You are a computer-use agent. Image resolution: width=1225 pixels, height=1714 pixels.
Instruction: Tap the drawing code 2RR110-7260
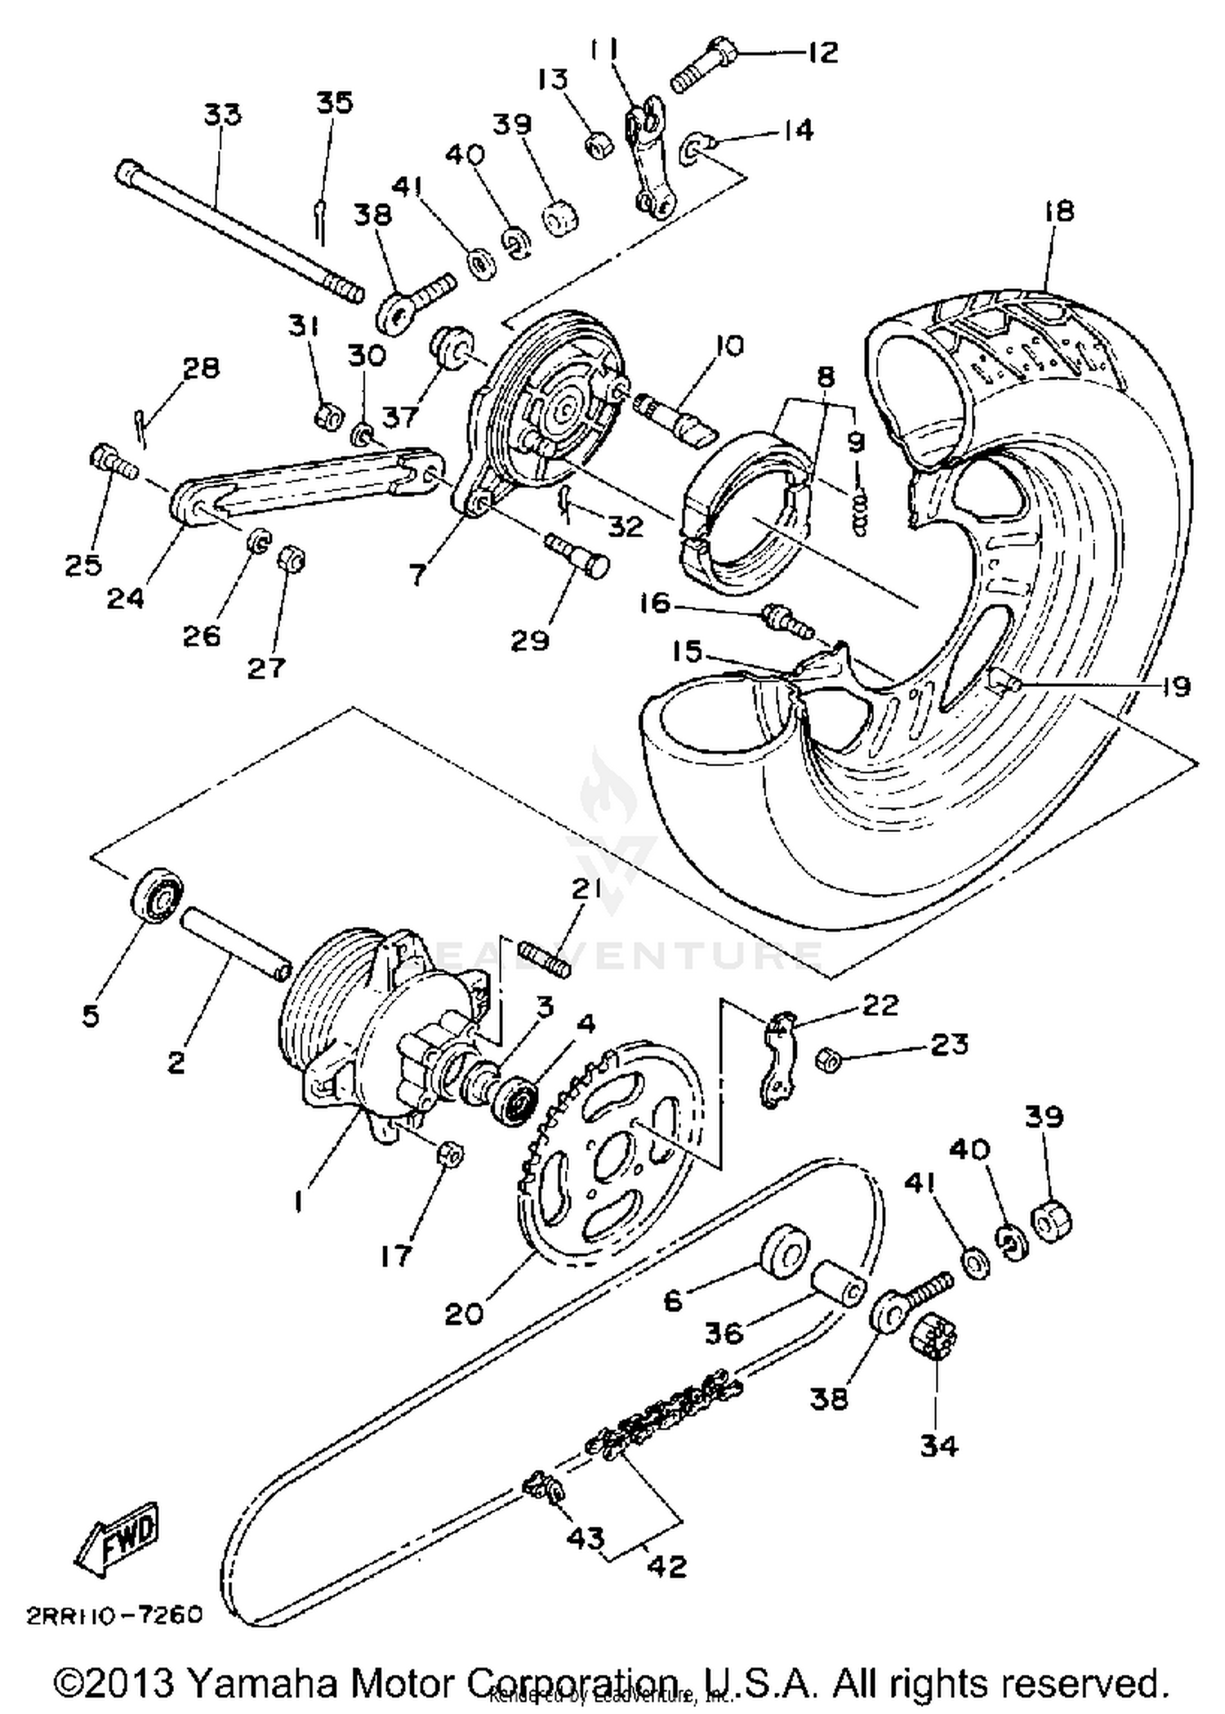114,1615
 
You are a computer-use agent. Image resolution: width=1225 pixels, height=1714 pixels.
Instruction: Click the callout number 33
222,114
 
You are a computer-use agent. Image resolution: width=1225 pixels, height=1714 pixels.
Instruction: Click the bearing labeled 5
157,897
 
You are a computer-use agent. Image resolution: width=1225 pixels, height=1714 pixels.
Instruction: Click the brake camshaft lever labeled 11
649,159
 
